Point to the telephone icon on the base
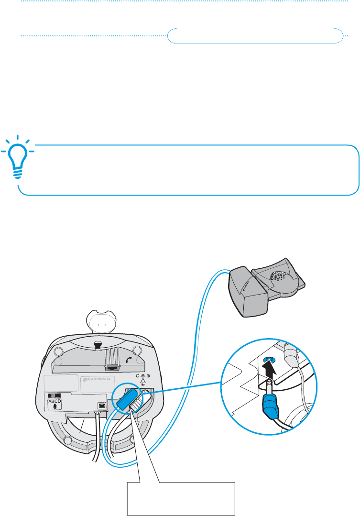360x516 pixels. point(101,405)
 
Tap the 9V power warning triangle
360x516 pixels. point(142,384)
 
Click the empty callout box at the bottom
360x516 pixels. point(181,498)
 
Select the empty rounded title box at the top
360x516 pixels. point(256,36)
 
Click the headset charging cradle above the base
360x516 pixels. point(101,322)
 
